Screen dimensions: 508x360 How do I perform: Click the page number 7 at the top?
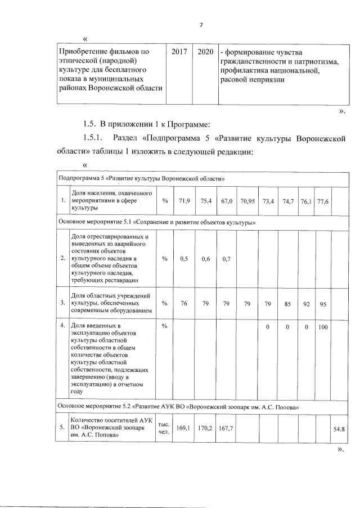pos(200,25)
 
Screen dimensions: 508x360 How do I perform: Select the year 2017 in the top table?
pos(180,51)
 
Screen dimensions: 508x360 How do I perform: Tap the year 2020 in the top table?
pos(205,51)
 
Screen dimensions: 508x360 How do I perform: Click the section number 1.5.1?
pos(93,138)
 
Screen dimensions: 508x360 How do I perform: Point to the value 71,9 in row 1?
pos(186,201)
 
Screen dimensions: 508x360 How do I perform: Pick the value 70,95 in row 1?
pos(247,201)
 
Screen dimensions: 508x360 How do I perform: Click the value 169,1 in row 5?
pos(183,428)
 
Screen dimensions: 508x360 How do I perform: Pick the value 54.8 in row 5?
pos(339,429)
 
